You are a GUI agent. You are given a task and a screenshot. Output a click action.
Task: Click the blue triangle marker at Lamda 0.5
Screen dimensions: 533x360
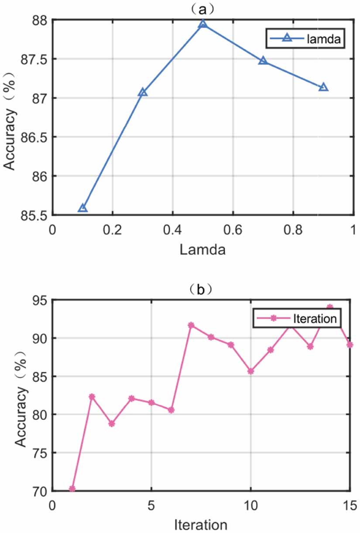[203, 24]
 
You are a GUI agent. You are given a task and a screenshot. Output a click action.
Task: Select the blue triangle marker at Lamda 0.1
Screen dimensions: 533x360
[82, 208]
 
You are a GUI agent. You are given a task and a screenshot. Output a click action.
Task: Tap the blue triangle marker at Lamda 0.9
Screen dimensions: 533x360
[323, 87]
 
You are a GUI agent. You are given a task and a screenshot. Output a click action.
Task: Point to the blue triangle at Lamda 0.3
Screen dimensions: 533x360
[143, 92]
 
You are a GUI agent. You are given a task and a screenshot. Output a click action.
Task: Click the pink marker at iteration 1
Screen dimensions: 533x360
[72, 489]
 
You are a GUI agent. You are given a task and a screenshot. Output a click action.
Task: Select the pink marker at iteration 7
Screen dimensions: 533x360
[191, 325]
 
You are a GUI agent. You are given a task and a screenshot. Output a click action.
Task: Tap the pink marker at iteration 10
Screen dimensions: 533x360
[250, 371]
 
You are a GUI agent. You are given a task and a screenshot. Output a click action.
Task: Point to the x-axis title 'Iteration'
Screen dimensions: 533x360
[201, 523]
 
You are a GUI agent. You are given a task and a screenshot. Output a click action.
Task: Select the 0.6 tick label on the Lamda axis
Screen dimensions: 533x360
[233, 229]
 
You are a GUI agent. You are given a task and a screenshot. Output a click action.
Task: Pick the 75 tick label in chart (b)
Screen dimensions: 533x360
[40, 453]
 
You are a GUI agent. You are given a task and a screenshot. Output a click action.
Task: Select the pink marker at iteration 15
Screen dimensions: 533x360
[350, 345]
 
